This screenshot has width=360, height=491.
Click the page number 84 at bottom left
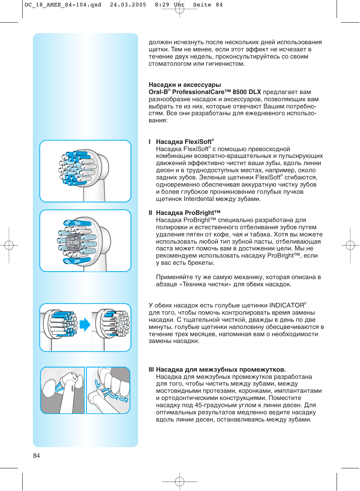pyautogui.click(x=36, y=455)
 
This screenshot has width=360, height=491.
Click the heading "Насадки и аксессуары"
pyautogui.click(x=185, y=85)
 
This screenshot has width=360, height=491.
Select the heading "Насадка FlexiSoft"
pyautogui.click(x=184, y=142)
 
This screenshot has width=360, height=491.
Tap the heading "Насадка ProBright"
pyautogui.click(x=188, y=213)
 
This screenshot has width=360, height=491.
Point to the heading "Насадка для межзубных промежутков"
pyautogui.click(x=221, y=369)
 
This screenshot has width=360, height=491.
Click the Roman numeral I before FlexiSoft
pyautogui.click(x=150, y=142)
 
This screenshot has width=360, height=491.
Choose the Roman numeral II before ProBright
pyautogui.click(x=151, y=213)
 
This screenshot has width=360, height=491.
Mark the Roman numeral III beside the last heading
pyautogui.click(x=151, y=369)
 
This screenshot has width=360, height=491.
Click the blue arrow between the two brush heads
pyautogui.click(x=85, y=324)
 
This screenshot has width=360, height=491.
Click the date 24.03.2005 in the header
pyautogui.click(x=128, y=5)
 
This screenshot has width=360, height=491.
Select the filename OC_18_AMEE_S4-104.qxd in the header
pyautogui.click(x=63, y=5)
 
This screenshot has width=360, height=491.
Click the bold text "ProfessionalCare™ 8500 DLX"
pyautogui.click(x=217, y=92)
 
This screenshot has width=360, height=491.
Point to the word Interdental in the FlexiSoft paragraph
pyautogui.click(x=199, y=199)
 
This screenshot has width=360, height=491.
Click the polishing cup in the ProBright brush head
pyautogui.click(x=73, y=242)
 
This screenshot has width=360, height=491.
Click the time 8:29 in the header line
pyautogui.click(x=162, y=5)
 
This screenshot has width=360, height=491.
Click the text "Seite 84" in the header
pyautogui.click(x=208, y=5)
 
